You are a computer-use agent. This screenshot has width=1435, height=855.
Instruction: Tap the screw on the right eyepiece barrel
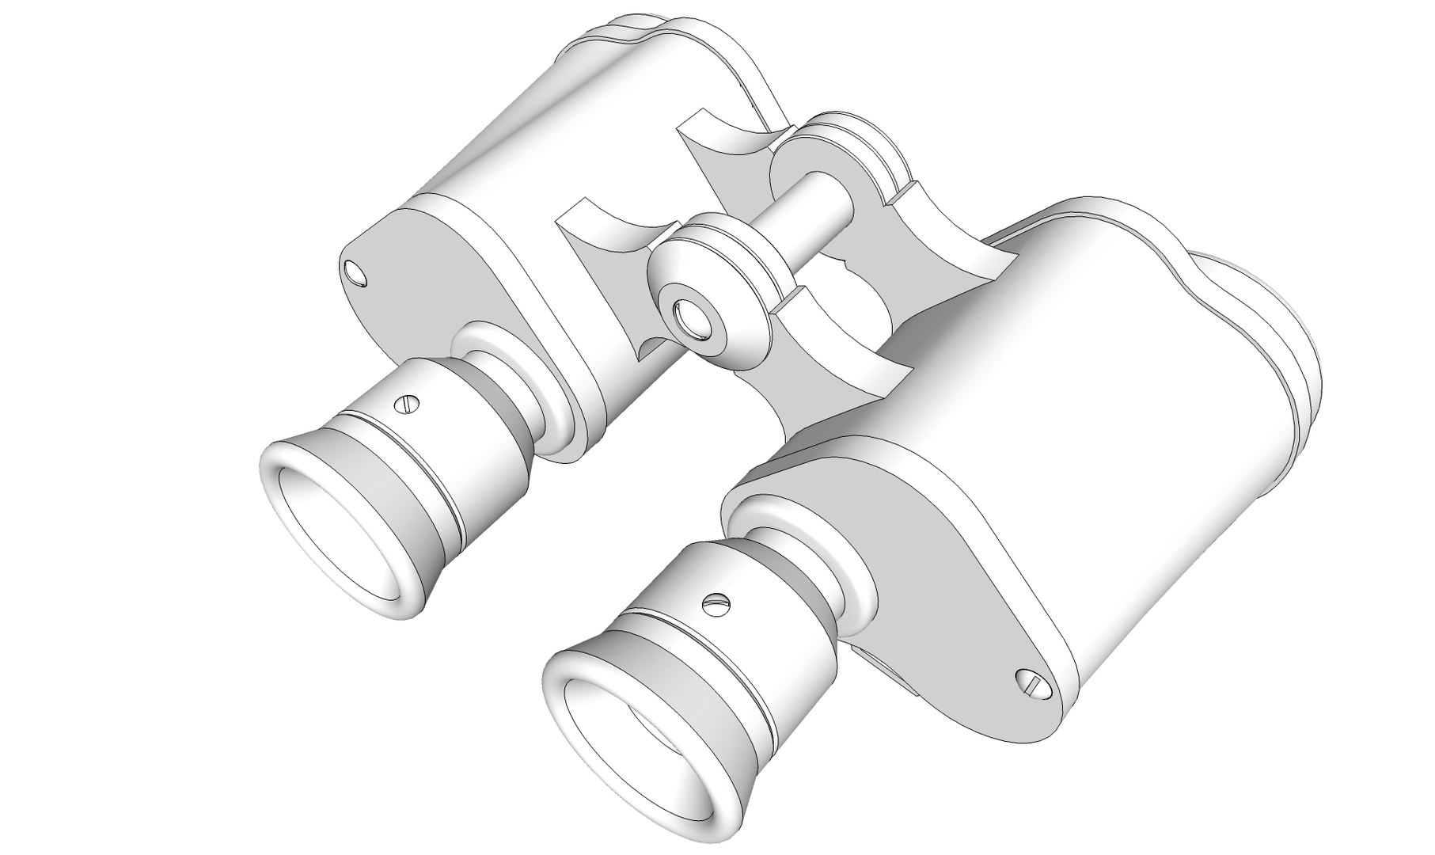pos(715,603)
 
